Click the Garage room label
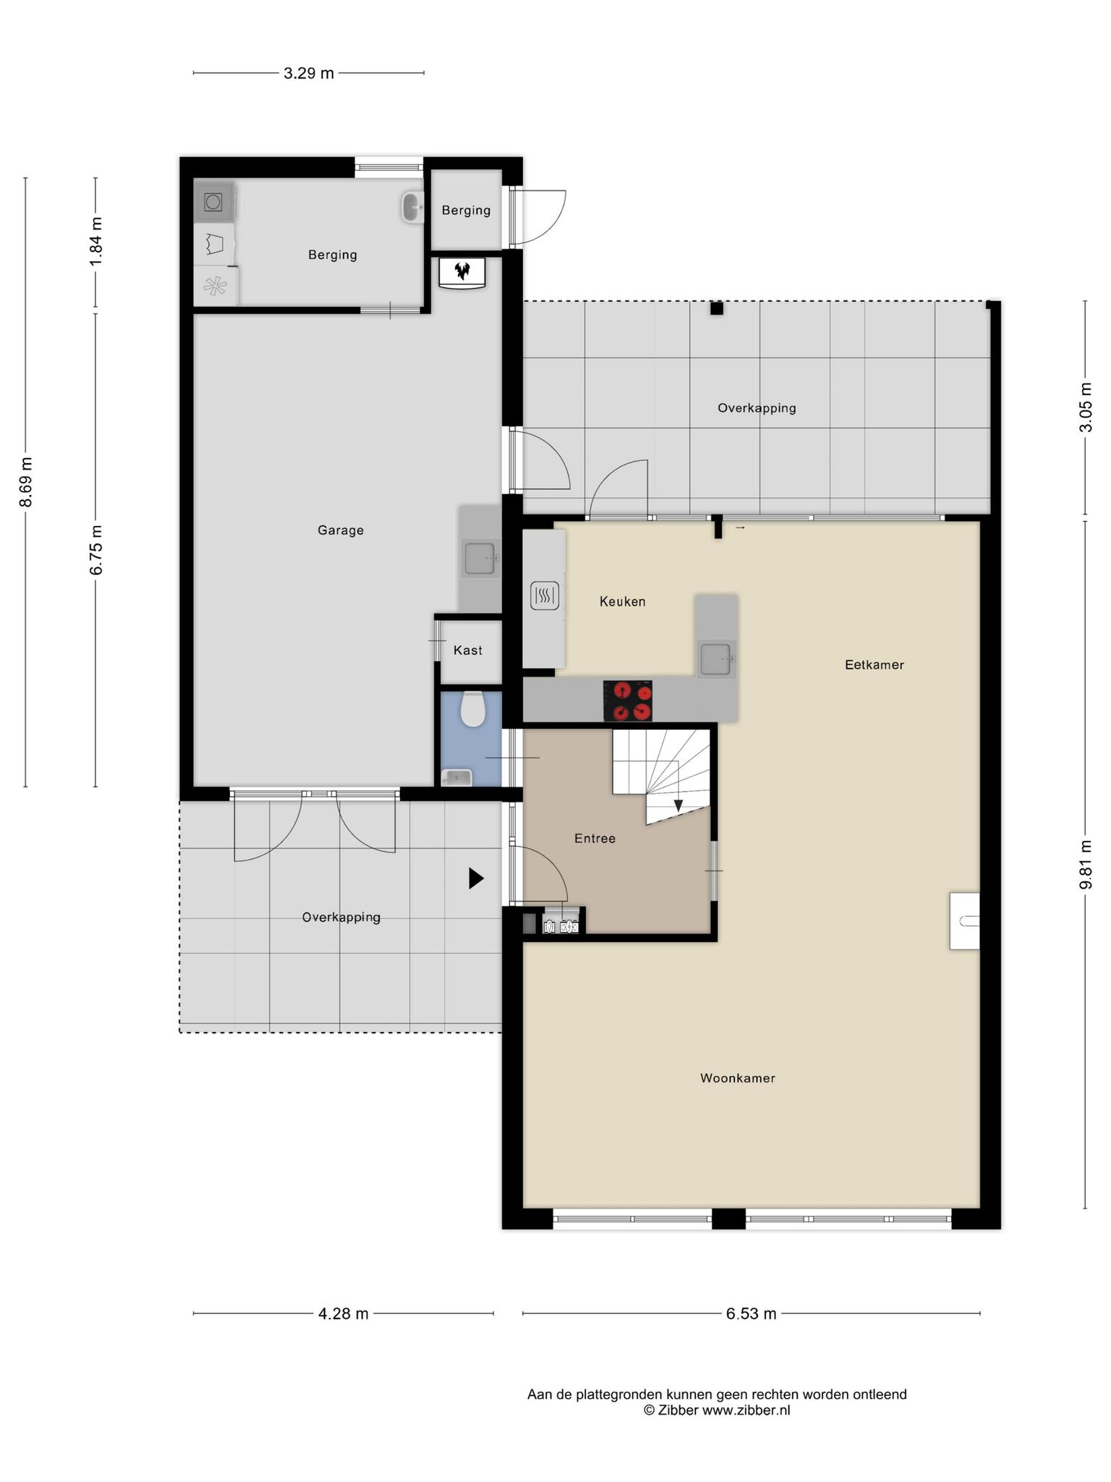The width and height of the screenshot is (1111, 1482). click(340, 530)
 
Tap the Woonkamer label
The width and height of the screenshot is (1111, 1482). click(737, 1078)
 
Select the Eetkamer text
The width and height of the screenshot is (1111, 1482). click(874, 665)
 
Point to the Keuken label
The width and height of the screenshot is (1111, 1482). click(622, 601)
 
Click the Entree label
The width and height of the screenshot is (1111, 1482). click(595, 839)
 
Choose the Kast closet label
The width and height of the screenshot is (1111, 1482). click(467, 651)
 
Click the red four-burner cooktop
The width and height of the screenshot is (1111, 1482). click(628, 700)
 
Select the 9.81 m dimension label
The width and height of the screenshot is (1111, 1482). click(1085, 865)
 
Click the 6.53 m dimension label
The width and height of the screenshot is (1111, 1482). click(751, 1314)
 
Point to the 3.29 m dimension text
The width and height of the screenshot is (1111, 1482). click(309, 73)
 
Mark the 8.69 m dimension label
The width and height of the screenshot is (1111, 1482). click(26, 483)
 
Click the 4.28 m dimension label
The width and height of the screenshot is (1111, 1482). click(344, 1314)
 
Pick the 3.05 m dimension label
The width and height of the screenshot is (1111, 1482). click(1085, 407)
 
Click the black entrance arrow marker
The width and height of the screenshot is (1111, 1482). click(476, 878)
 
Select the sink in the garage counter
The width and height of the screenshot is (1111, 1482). click(480, 559)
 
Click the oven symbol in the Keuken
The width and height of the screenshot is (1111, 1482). click(545, 596)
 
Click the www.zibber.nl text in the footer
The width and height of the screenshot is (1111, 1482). click(746, 1410)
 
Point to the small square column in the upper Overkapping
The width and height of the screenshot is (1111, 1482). click(716, 309)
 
